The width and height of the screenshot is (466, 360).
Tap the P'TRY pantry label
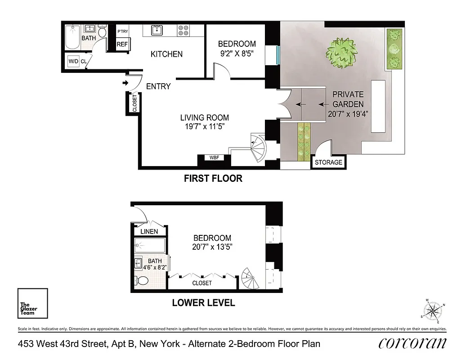pos(122,31)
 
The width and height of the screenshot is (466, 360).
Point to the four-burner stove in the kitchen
pos(183,30)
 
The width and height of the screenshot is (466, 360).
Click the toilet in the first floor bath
pos(102,32)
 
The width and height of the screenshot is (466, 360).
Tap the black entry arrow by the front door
pos(125,83)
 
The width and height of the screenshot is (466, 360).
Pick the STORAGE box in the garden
pos(328,162)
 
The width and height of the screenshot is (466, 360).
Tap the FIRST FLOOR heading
pos(213,179)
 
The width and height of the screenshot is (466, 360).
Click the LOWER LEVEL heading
pos(203,303)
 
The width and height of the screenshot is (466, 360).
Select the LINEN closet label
pos(149,232)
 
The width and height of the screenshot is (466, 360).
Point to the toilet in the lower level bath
pos(142,281)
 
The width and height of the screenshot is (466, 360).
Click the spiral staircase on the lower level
pos(250,279)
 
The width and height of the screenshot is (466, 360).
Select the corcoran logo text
pos(413,343)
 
